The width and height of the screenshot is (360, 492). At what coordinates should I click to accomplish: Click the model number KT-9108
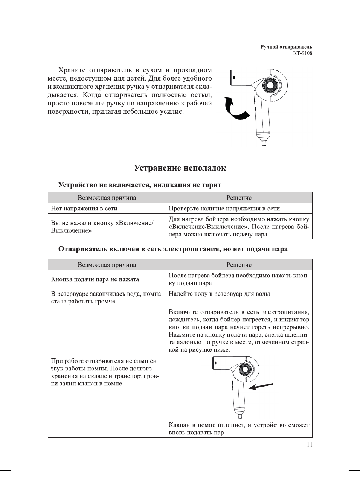click(x=302, y=53)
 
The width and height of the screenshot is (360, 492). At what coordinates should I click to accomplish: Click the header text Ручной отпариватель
click(x=286, y=47)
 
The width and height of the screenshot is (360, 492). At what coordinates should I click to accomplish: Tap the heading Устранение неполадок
click(x=180, y=168)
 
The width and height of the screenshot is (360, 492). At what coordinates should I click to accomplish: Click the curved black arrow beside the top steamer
click(x=235, y=109)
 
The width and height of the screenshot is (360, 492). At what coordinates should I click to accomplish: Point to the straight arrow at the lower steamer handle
click(x=261, y=386)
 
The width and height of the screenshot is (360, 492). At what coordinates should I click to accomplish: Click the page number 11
click(x=310, y=445)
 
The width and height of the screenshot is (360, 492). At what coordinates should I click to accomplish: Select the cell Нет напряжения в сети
click(x=84, y=208)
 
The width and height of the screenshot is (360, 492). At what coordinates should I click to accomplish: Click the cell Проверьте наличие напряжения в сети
click(x=224, y=208)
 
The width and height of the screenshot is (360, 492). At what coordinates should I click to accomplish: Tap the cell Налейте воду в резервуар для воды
click(x=219, y=294)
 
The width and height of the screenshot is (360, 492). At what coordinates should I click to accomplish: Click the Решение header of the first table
click(x=239, y=198)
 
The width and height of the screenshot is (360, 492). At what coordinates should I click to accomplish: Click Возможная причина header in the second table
click(x=107, y=265)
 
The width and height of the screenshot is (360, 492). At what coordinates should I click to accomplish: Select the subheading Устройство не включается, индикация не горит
click(x=140, y=185)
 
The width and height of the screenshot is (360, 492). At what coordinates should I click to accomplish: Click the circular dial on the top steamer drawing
click(x=270, y=85)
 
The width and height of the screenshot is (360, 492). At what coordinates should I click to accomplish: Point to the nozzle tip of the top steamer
click(x=264, y=143)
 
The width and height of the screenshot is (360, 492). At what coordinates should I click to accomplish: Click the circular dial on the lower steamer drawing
click(x=245, y=370)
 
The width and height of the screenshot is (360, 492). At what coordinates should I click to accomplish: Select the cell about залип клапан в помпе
click(x=105, y=372)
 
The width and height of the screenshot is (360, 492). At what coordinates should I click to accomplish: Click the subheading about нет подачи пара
click(x=173, y=249)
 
